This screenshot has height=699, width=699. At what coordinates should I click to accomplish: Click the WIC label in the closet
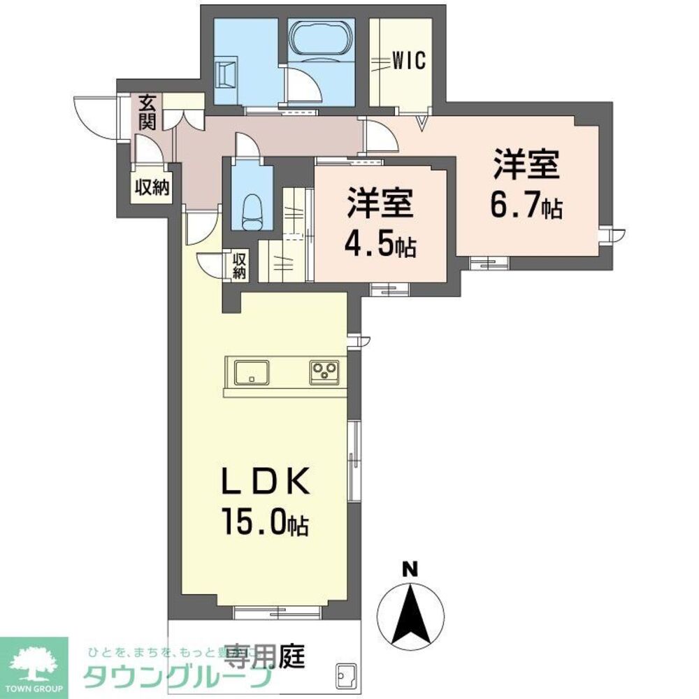tap(408, 62)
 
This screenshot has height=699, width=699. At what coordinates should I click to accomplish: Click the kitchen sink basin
tap(250, 373)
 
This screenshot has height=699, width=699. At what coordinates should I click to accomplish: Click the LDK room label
tap(266, 483)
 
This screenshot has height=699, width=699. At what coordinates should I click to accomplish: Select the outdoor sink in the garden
tap(345, 675)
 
